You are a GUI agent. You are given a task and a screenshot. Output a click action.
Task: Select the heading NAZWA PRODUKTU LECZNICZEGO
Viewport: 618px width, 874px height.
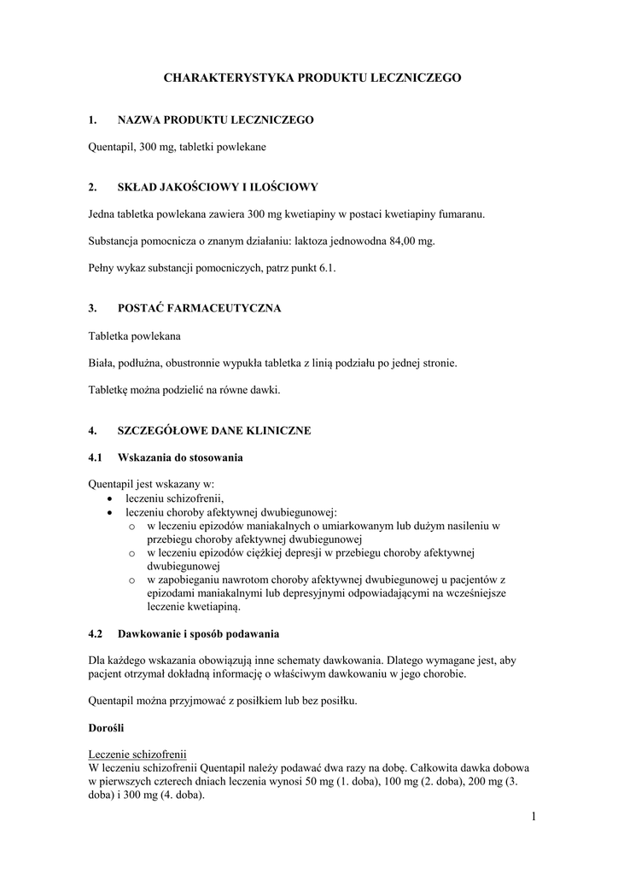pos(215,120)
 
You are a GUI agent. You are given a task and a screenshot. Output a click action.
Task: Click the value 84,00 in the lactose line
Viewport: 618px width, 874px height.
pos(402,242)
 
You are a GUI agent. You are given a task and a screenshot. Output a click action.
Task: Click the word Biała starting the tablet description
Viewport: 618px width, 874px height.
pos(101,363)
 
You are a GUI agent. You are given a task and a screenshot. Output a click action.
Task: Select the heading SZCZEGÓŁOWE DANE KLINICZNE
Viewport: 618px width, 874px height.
pos(214,430)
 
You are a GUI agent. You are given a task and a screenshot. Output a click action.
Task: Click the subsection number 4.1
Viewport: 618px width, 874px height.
pos(96,457)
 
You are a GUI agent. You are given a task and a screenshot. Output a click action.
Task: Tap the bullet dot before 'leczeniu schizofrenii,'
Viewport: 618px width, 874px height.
pos(109,498)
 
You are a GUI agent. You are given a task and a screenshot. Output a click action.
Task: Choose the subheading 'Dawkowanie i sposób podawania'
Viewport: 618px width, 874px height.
pos(198,634)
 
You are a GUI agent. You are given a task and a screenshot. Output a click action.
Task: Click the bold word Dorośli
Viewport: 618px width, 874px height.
pos(107,728)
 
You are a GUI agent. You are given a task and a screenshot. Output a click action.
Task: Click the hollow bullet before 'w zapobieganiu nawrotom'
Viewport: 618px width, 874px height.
pos(131,580)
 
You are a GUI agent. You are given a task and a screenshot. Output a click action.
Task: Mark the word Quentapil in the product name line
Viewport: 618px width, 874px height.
pos(111,147)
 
